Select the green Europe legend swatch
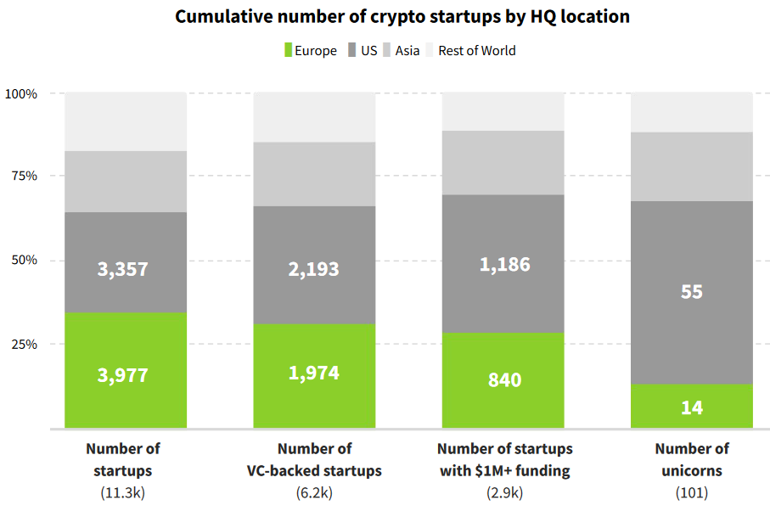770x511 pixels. coord(287,50)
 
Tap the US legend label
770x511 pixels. coord(368,50)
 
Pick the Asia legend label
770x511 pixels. coord(407,50)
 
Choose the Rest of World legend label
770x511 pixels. coord(477,50)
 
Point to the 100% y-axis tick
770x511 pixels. coord(21,93)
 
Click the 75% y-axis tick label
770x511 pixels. coord(25,177)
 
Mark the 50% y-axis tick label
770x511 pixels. coord(25,260)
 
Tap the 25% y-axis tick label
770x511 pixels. coord(25,344)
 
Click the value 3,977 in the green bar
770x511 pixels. coord(123,375)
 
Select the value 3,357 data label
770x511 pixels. coord(123,270)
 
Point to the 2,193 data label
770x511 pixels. coord(313,269)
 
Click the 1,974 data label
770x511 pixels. coord(313,373)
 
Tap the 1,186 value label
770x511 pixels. coord(504,264)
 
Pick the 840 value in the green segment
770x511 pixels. coord(504,380)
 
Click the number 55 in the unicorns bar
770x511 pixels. coord(692,291)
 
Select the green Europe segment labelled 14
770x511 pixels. coord(692,407)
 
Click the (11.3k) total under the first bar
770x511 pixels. coord(123,491)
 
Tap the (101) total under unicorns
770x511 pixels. coord(692,491)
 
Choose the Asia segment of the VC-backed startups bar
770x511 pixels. coord(313,174)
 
